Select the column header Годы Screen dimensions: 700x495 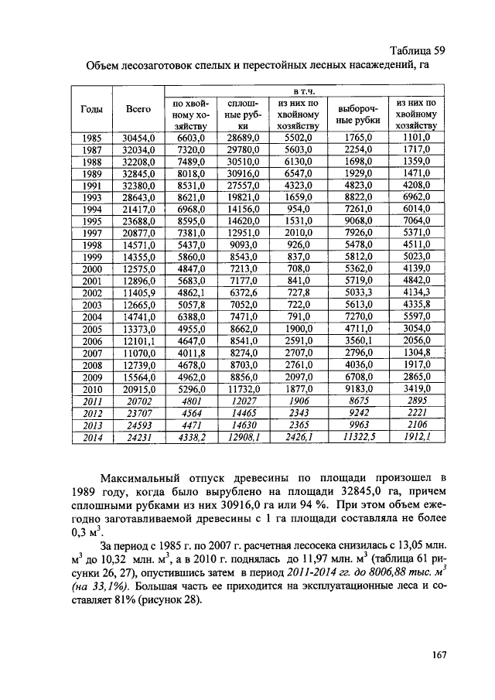click(92, 110)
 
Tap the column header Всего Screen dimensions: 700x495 click(138, 110)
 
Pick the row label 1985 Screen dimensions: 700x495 click(92, 138)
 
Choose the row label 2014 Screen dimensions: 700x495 click(92, 437)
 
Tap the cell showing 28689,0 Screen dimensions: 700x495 click(243, 138)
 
